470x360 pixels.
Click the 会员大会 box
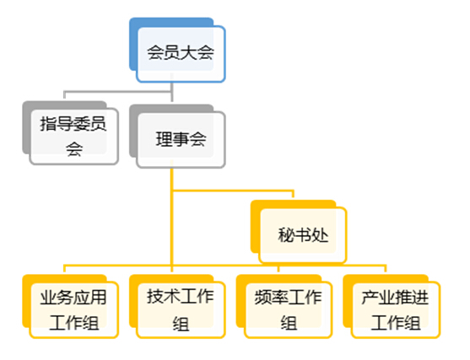181,54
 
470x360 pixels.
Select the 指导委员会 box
74,137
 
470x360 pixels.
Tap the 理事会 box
181,140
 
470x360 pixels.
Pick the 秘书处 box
303,235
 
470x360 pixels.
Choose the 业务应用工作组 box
74,310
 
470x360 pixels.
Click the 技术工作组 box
181,310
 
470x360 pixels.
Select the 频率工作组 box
288,310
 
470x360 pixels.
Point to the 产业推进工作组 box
396,310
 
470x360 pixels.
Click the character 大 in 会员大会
189,53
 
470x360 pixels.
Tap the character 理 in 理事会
164,139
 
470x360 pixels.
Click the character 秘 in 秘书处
286,235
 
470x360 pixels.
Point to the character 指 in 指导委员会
49,124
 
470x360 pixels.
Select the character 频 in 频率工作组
263,298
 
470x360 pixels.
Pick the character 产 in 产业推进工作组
370,298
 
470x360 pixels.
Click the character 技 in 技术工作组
155,297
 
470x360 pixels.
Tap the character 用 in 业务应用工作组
99,298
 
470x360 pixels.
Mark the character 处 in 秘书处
320,235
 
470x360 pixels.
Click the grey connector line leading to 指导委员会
118,91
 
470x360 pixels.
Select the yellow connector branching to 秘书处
233,191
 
